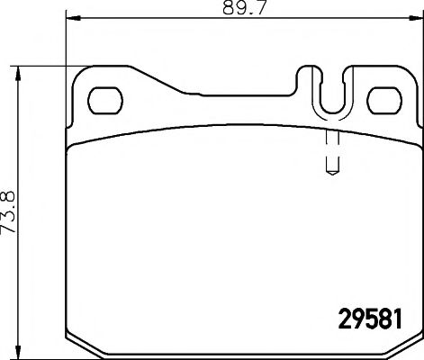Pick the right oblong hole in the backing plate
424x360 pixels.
point(385,95)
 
